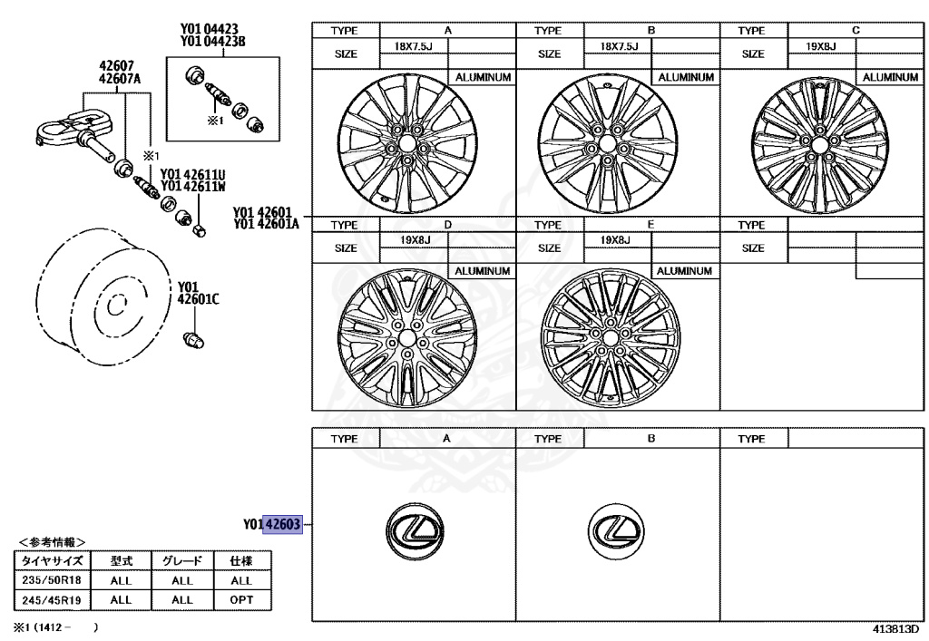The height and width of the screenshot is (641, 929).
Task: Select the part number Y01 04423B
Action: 214,41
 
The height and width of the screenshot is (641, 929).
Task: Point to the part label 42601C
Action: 199,295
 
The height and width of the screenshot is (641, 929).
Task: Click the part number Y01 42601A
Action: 267,222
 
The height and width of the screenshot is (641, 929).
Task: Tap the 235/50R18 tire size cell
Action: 51,580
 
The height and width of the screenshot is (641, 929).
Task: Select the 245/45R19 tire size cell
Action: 51,599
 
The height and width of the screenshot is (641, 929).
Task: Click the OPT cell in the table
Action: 241,599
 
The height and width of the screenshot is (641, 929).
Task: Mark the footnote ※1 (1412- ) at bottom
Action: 50,626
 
